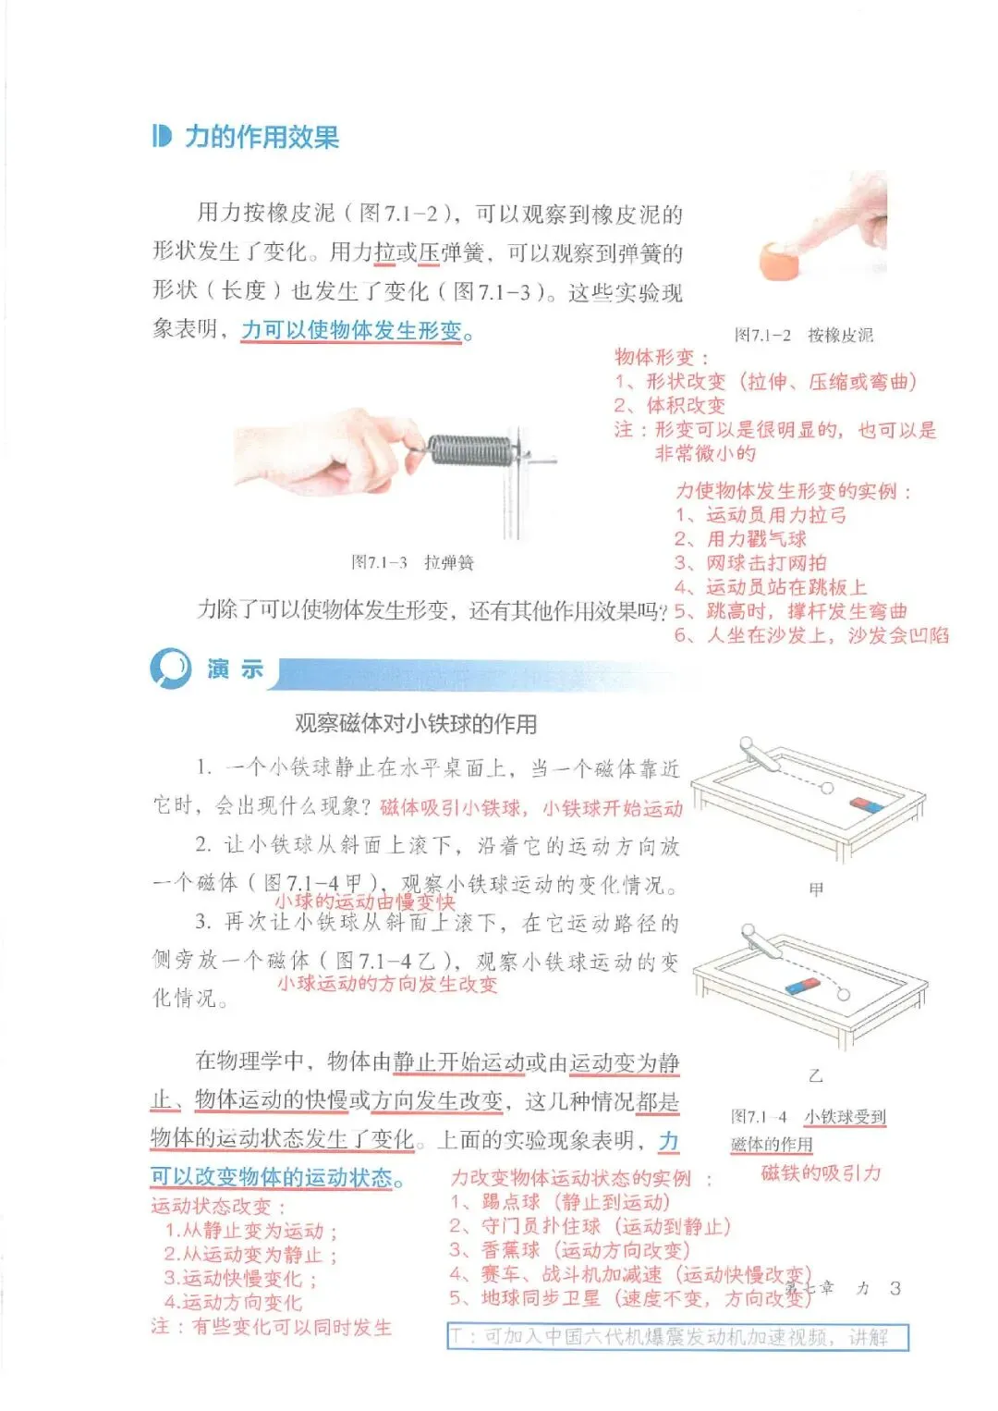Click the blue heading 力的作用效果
click(x=262, y=137)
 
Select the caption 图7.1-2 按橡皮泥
click(x=803, y=335)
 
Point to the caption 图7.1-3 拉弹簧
click(x=412, y=562)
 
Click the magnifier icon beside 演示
click(x=171, y=668)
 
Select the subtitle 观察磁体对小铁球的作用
click(x=416, y=724)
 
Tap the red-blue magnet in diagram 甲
click(x=867, y=804)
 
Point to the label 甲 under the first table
click(x=816, y=890)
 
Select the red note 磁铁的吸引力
click(x=821, y=1172)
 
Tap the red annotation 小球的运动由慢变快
click(x=365, y=902)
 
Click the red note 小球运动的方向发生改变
click(x=388, y=983)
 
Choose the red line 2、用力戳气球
click(x=740, y=539)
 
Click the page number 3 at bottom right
click(x=895, y=1288)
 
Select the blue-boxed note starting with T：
click(x=678, y=1337)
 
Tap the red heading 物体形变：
click(x=662, y=357)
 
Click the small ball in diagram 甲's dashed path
click(x=827, y=788)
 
